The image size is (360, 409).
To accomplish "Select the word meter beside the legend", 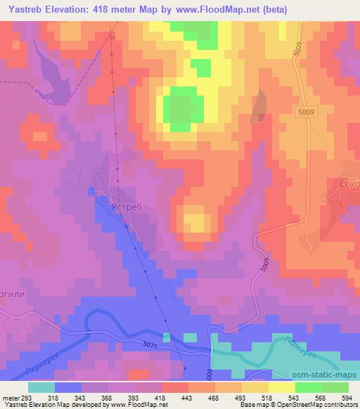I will [x=10, y=397].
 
